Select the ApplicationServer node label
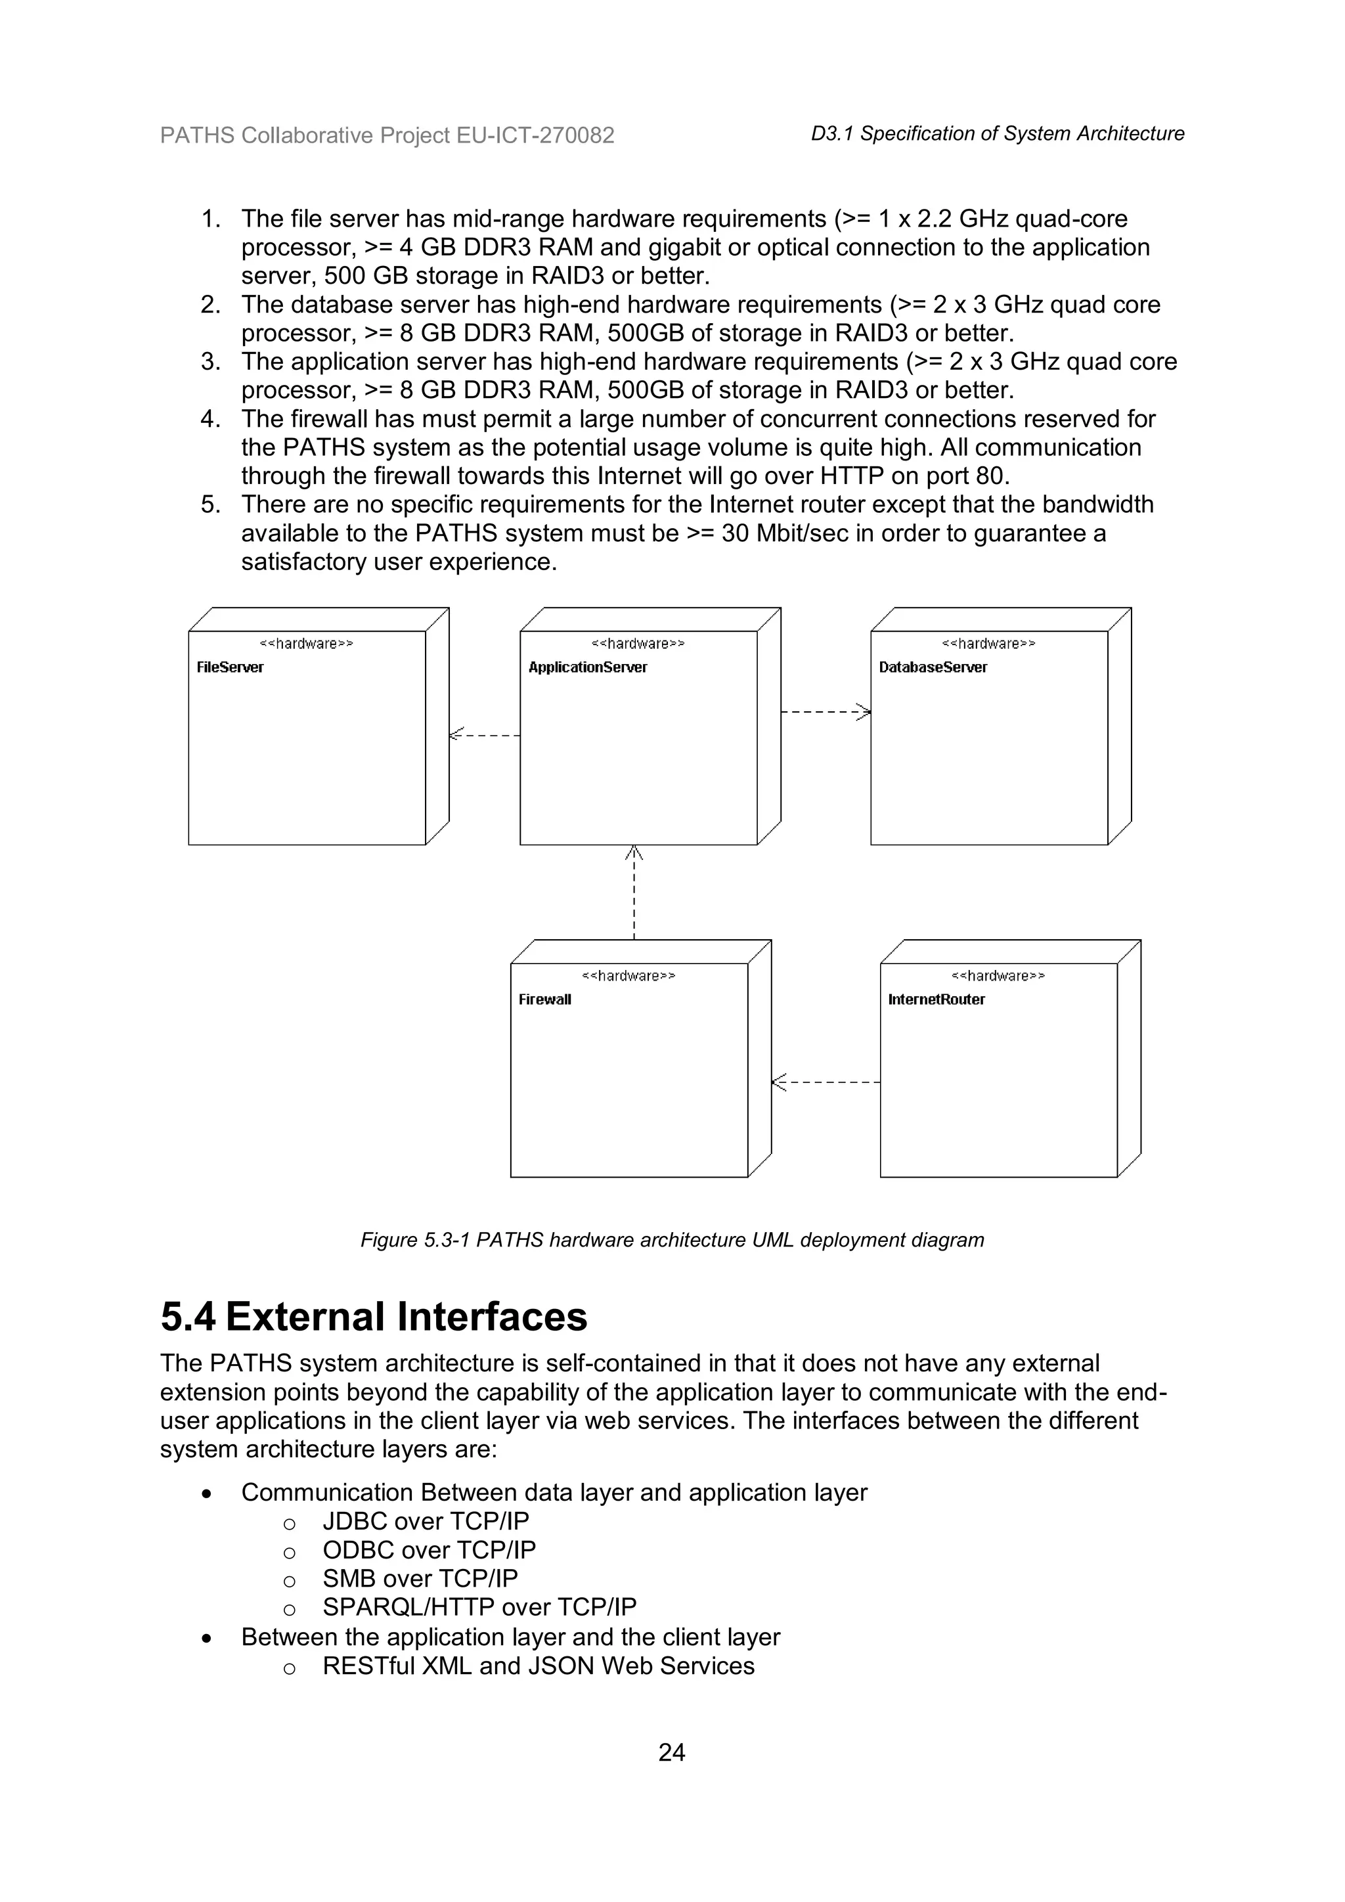click(x=587, y=668)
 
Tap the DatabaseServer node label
click(x=933, y=668)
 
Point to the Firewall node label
click(x=544, y=1000)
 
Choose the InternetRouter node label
click(x=936, y=1000)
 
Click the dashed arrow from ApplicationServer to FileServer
click(x=485, y=735)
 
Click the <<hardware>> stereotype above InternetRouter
click(x=998, y=976)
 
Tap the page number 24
click(x=672, y=1752)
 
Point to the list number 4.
click(x=209, y=419)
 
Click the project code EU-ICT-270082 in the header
click(x=535, y=135)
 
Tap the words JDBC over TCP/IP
click(x=426, y=1521)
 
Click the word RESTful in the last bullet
click(x=368, y=1666)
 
